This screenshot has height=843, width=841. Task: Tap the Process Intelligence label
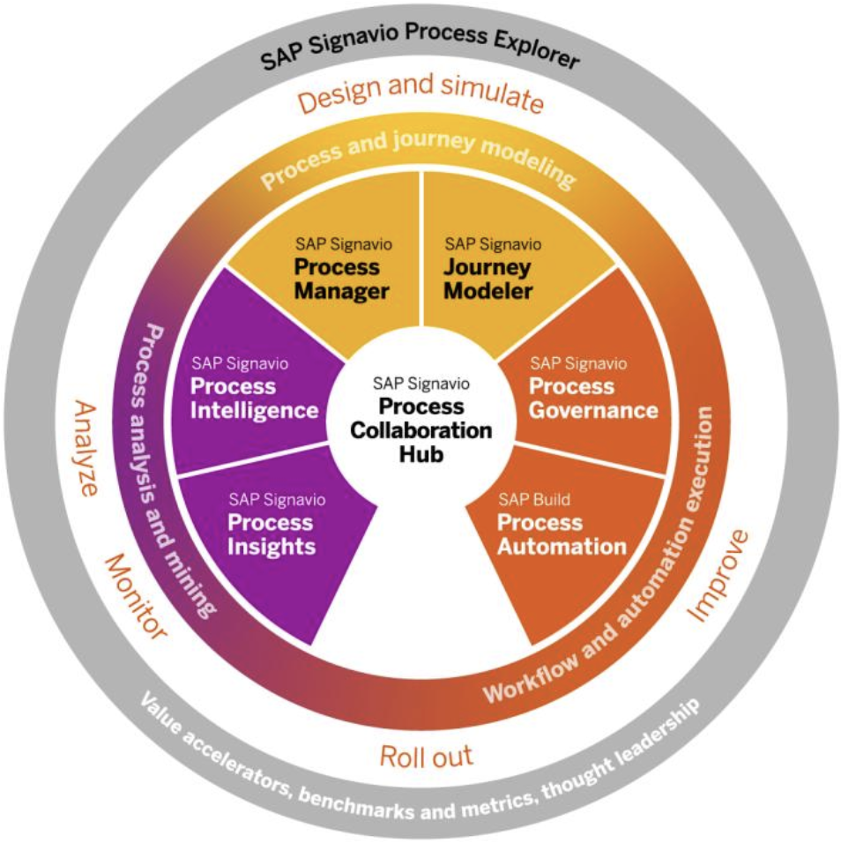click(254, 398)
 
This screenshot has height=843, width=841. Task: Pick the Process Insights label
click(272, 533)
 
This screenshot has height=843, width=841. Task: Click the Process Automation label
click(562, 533)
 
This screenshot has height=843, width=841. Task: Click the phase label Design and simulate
click(420, 95)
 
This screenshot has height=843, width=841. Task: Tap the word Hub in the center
click(420, 455)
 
